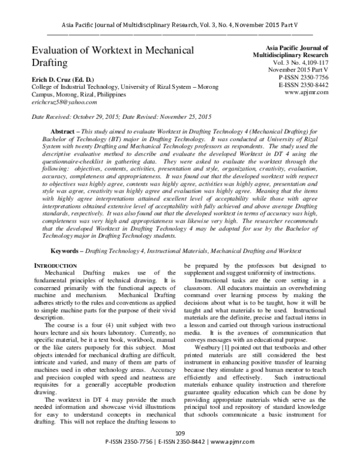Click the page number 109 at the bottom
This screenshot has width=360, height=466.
[x=180, y=450]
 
